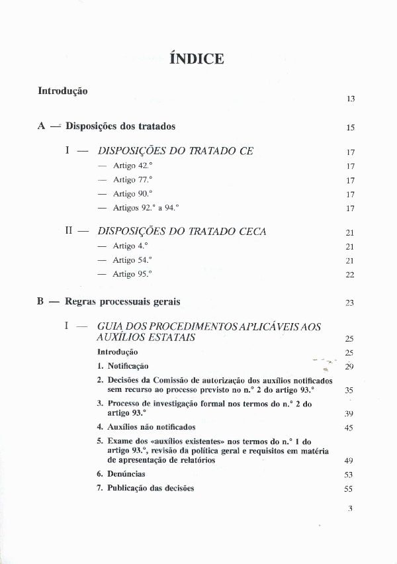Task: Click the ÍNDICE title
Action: click(x=197, y=59)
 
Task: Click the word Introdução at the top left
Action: click(x=63, y=91)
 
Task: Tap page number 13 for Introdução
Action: click(x=351, y=99)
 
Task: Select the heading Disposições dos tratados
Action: click(x=120, y=126)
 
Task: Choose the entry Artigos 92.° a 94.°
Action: click(x=146, y=207)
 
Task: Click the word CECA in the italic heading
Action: click(x=253, y=232)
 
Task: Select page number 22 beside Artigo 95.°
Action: click(x=351, y=275)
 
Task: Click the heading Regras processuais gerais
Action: click(x=122, y=302)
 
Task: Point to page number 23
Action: click(x=351, y=303)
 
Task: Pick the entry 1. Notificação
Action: click(x=123, y=366)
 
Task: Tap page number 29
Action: click(x=351, y=367)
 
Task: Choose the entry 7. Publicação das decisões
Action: click(x=146, y=489)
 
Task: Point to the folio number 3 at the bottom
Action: click(x=351, y=509)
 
